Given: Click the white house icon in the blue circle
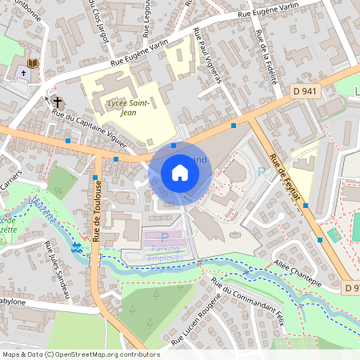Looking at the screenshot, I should tap(179, 172).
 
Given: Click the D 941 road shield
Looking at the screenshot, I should tap(305, 90).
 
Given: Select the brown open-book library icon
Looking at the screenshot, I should tap(33, 62).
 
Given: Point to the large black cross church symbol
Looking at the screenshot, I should tap(58, 102).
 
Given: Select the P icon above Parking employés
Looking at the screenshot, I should tap(165, 238).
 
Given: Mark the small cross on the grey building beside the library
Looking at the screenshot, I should tap(23, 73).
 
